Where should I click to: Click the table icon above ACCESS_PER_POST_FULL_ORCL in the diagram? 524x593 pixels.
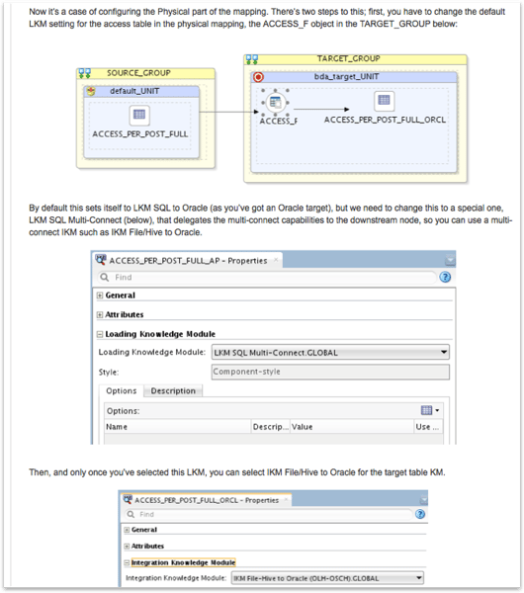click(x=385, y=101)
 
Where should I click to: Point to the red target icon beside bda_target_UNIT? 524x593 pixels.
click(x=259, y=76)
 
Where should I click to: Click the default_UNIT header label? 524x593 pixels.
click(x=142, y=91)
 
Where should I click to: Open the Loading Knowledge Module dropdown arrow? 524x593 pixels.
click(x=444, y=352)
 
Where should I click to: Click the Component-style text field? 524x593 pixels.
click(x=330, y=372)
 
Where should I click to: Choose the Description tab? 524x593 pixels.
click(x=173, y=391)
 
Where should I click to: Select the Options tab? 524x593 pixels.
click(x=121, y=391)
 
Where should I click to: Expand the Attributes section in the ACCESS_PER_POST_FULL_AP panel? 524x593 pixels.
click(x=100, y=314)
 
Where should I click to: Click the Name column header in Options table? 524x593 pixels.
click(x=117, y=427)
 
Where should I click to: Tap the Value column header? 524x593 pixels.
click(x=302, y=427)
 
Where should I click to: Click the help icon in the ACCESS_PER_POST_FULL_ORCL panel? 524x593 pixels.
click(x=421, y=514)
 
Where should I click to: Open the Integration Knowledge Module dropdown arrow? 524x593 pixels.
click(x=419, y=577)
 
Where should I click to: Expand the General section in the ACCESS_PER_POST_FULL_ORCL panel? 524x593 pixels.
click(x=127, y=530)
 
